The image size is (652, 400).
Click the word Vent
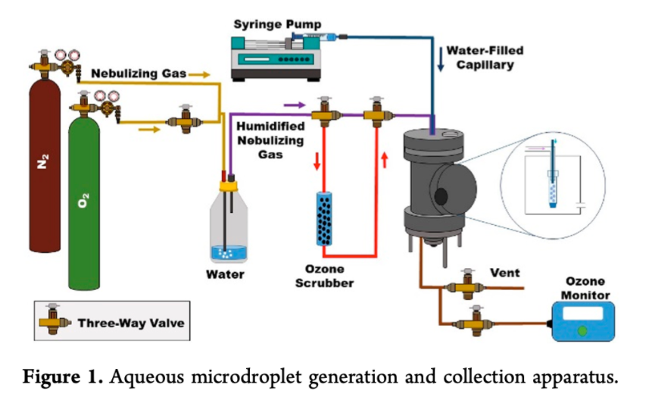click(504, 273)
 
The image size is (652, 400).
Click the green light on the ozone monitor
click(582, 331)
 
